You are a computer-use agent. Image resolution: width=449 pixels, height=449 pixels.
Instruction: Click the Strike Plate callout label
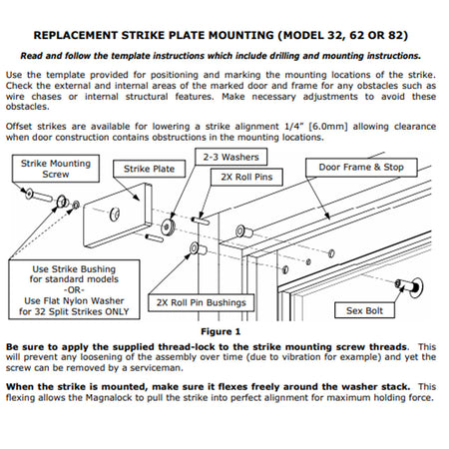pyautogui.click(x=149, y=169)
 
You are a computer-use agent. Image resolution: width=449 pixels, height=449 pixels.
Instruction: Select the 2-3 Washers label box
pyautogui.click(x=230, y=157)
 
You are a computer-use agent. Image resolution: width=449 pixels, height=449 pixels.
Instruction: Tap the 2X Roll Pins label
pyautogui.click(x=246, y=177)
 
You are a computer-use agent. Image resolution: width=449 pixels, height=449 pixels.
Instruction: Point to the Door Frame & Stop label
pyautogui.click(x=361, y=168)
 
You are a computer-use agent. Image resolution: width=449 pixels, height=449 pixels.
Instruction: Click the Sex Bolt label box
pyautogui.click(x=364, y=310)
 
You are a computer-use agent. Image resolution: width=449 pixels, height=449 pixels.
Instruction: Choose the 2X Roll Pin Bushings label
pyautogui.click(x=202, y=302)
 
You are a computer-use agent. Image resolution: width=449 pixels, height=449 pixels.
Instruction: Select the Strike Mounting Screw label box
pyautogui.click(x=56, y=169)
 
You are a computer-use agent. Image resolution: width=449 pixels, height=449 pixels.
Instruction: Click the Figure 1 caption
pyautogui.click(x=221, y=331)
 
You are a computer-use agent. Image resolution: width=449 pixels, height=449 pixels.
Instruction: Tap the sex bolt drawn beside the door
pyautogui.click(x=410, y=286)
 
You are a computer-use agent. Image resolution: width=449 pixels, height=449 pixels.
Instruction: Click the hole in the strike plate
pyautogui.click(x=115, y=215)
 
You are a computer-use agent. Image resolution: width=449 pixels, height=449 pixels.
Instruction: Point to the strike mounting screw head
pyautogui.click(x=29, y=194)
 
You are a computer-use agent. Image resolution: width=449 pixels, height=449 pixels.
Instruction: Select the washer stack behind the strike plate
pyautogui.click(x=168, y=226)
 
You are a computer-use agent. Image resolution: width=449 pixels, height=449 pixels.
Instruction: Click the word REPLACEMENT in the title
pyautogui.click(x=76, y=35)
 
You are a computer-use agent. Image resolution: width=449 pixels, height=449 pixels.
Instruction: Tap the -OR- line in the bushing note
pyautogui.click(x=74, y=290)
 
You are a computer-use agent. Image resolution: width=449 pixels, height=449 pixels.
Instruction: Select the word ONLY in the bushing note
pyautogui.click(x=117, y=311)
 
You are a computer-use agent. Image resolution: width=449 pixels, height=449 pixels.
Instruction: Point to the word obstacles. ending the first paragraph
pyautogui.click(x=28, y=107)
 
